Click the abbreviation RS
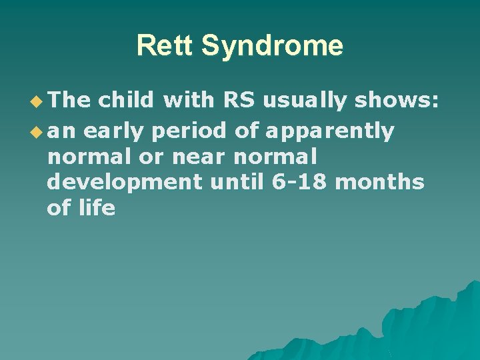click(239, 101)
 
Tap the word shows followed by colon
click(396, 101)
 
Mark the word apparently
click(329, 131)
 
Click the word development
click(124, 182)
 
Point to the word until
click(238, 182)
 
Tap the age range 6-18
click(301, 182)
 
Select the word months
click(379, 182)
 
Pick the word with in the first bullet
click(187, 101)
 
